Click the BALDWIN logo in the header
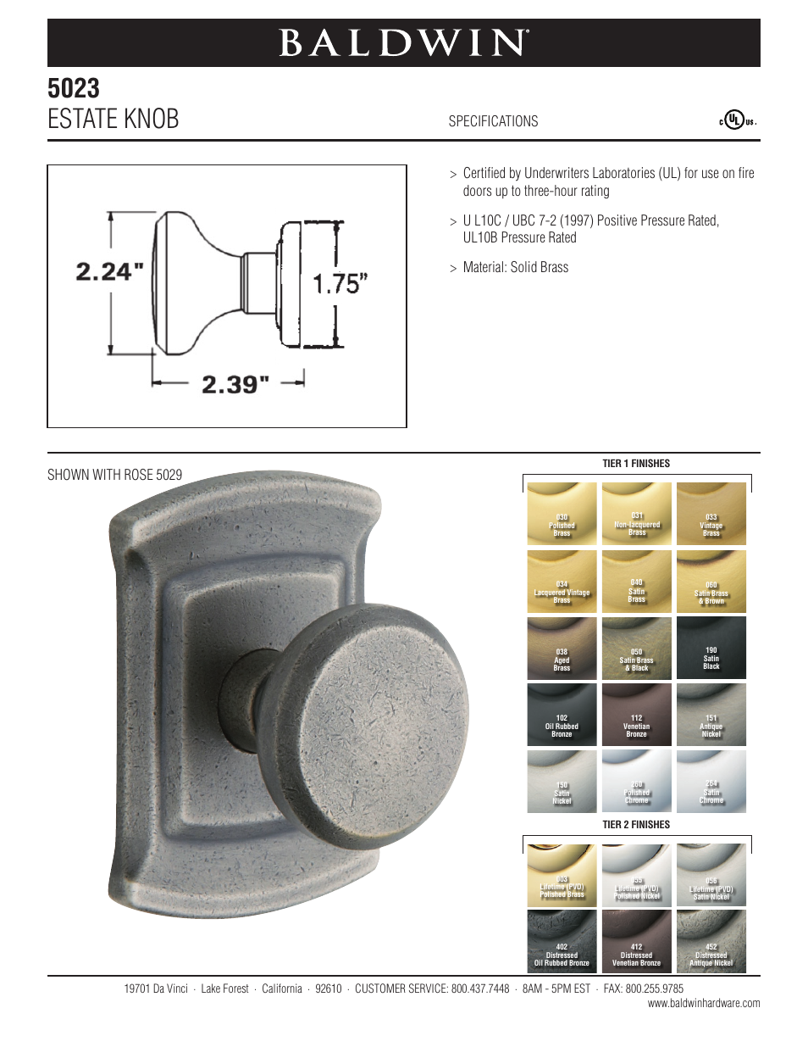(404, 43)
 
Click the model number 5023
(74, 88)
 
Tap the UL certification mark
(737, 120)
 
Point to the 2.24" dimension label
(110, 271)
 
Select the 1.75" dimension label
(340, 283)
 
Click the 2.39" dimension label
(235, 384)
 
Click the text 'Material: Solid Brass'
(515, 267)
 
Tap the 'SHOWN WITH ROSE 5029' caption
(114, 475)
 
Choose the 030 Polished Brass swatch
(562, 514)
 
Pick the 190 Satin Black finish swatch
(711, 648)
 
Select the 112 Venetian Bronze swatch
(636, 715)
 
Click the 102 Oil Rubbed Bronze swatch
(562, 715)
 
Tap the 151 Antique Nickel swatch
(711, 715)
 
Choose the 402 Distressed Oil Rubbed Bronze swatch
(562, 940)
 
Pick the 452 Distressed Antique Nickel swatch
(711, 940)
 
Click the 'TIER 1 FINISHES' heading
(636, 464)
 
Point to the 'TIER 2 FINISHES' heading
(636, 825)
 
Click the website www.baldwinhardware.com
(704, 1004)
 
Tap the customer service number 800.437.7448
(479, 989)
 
